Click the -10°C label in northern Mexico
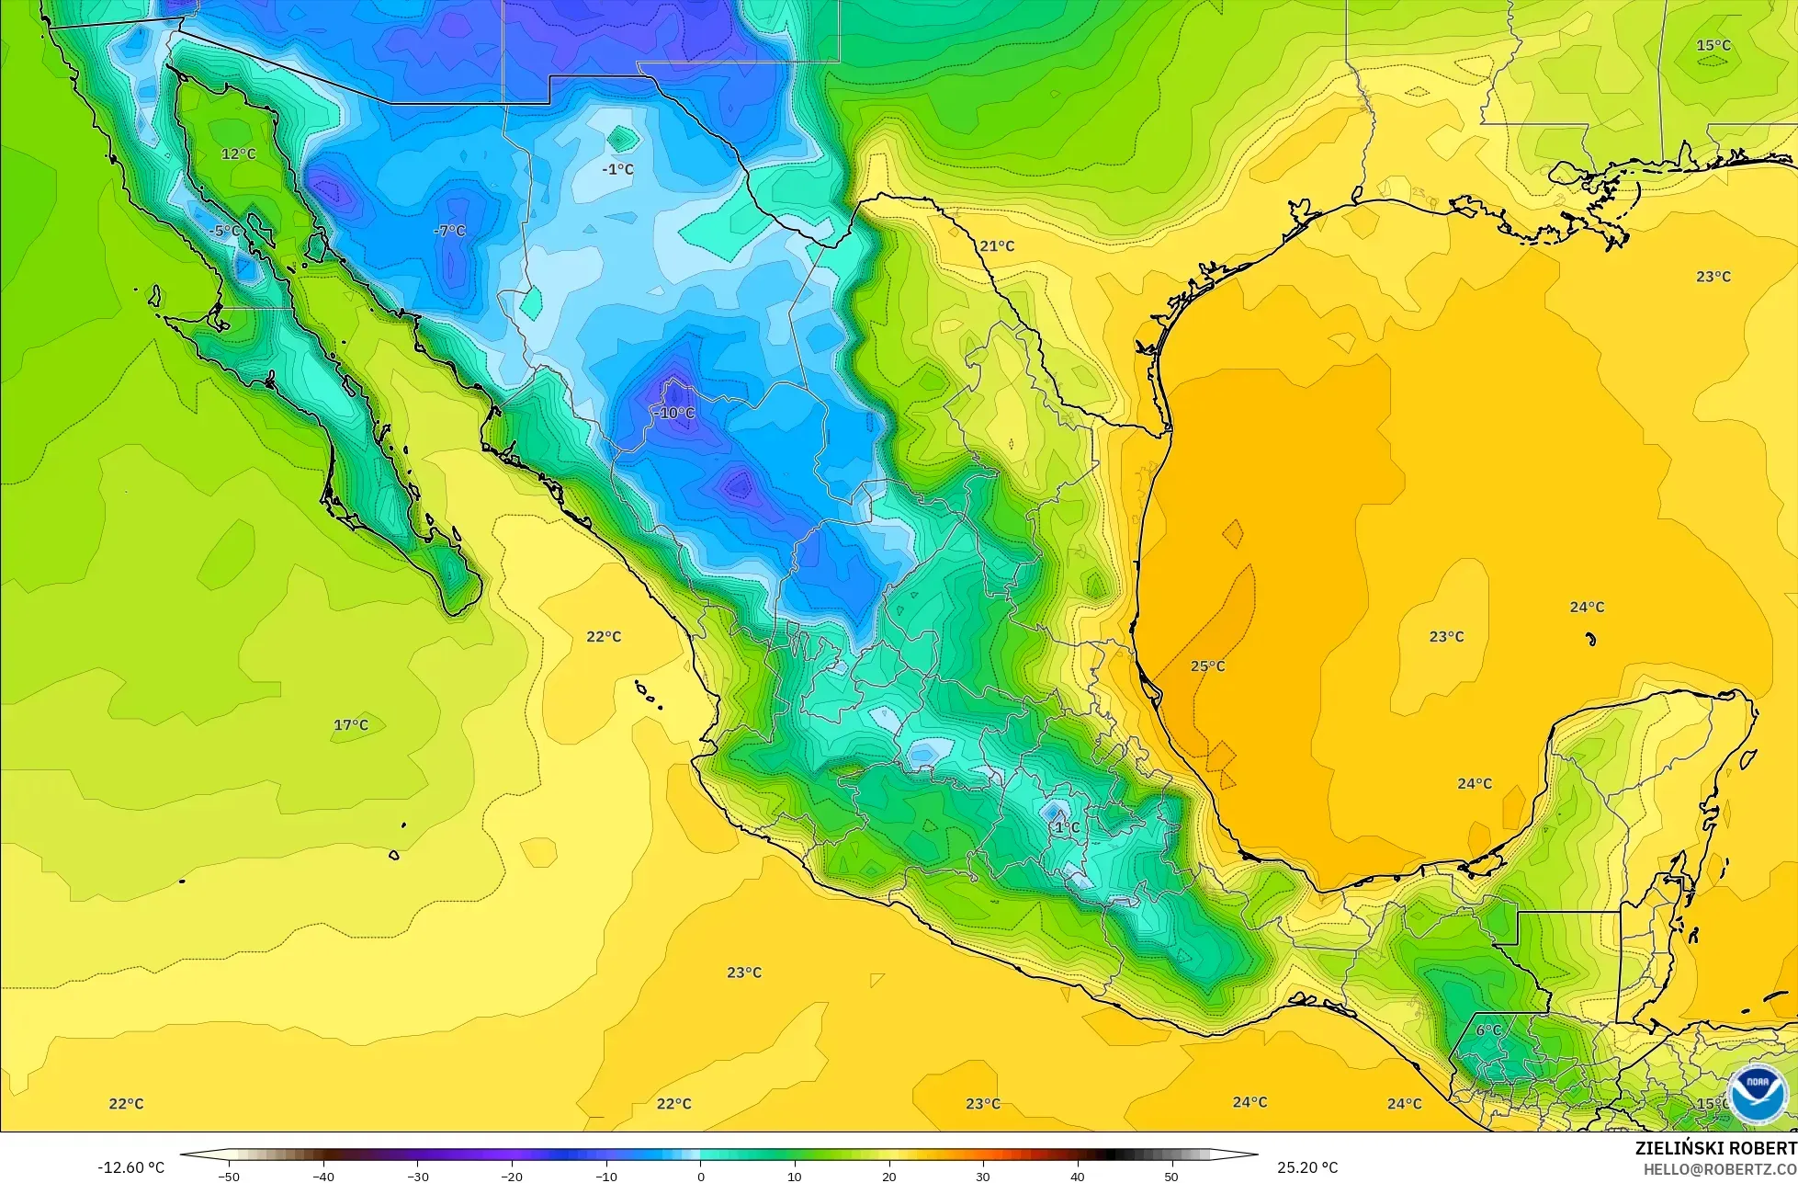674,414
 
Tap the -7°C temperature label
449,231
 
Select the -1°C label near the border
618,169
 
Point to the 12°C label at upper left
239,154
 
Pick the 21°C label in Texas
997,245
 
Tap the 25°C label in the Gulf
1208,665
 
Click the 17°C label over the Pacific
351,725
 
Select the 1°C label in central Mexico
1067,827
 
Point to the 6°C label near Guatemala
1488,1030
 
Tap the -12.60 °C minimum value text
131,1167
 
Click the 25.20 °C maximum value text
1307,1167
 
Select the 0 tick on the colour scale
700,1176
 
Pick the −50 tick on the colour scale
229,1176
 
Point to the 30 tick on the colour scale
982,1176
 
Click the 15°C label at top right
1713,45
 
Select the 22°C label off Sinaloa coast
604,636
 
